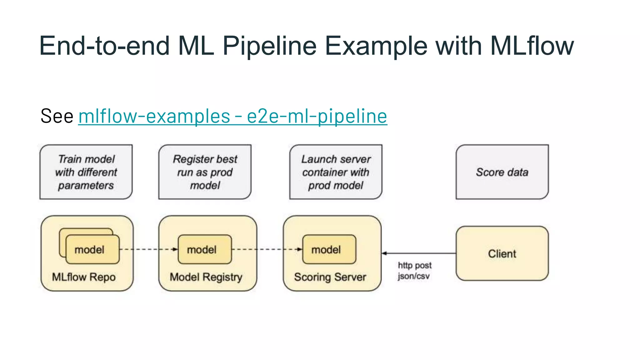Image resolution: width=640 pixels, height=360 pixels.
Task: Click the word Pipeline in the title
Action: tap(269, 46)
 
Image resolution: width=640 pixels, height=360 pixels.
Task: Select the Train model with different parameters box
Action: tap(86, 172)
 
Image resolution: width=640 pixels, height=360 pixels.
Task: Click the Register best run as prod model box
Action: tap(205, 172)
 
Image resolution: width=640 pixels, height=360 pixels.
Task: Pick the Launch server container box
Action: tap(336, 172)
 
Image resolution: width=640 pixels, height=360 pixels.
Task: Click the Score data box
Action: tap(502, 172)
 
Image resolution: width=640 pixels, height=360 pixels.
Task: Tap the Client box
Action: tap(502, 253)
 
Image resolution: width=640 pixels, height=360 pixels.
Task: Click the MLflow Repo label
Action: tap(84, 277)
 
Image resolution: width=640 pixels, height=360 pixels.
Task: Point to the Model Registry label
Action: tap(206, 277)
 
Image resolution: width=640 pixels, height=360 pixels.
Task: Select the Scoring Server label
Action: tap(330, 277)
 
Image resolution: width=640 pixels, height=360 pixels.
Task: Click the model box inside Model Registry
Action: tap(205, 249)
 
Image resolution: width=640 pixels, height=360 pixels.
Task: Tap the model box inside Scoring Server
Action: tap(329, 249)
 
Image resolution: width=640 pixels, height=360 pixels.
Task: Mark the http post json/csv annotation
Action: tap(414, 271)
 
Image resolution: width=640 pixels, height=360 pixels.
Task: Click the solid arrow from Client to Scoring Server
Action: tap(419, 253)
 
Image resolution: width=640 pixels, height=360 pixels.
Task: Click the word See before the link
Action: tap(57, 116)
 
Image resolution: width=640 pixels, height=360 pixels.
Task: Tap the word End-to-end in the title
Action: tap(104, 46)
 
